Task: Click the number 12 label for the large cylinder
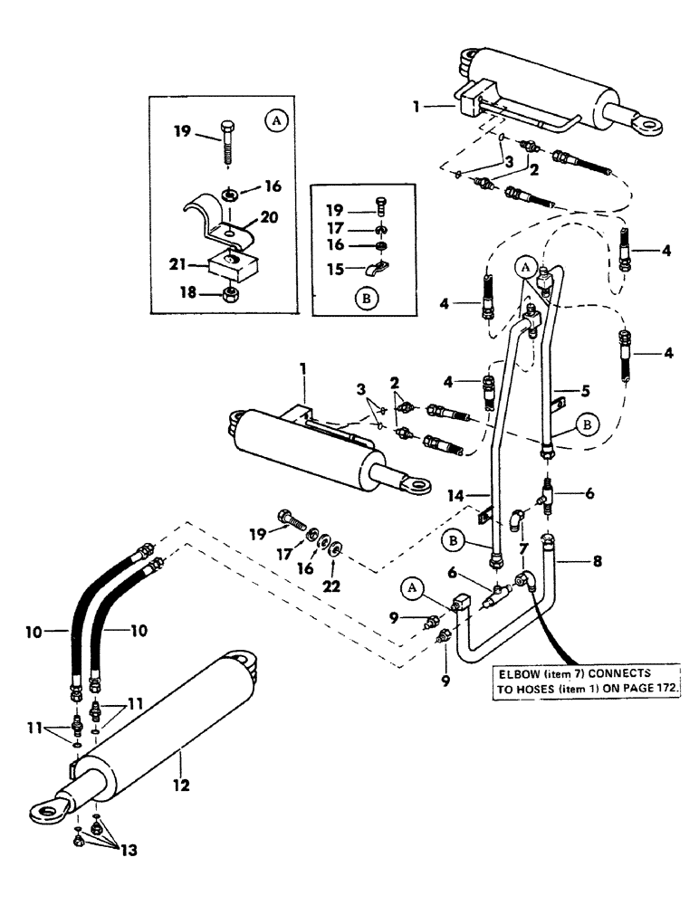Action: [x=182, y=786]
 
